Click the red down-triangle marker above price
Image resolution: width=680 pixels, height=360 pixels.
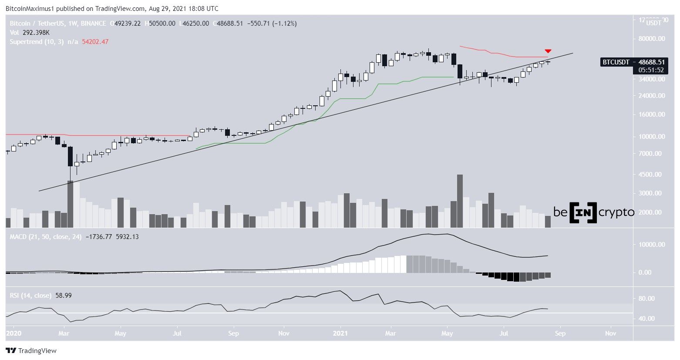pyautogui.click(x=548, y=51)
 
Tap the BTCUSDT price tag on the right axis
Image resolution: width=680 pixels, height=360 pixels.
pyautogui.click(x=633, y=62)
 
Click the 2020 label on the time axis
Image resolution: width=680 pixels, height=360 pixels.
pyautogui.click(x=13, y=334)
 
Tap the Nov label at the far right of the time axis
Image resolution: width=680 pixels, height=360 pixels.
pyautogui.click(x=610, y=334)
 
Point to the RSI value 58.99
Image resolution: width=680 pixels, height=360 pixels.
pyautogui.click(x=64, y=296)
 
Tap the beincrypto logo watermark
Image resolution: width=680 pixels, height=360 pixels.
pyautogui.click(x=594, y=212)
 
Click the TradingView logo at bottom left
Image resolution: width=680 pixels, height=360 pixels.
pyautogui.click(x=31, y=351)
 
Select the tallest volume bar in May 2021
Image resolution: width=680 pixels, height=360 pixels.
pyautogui.click(x=460, y=201)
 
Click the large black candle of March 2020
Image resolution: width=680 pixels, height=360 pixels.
pyautogui.click(x=70, y=156)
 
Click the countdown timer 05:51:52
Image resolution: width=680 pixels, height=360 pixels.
pyautogui.click(x=651, y=70)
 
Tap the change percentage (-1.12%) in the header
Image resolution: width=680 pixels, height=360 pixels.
pyautogui.click(x=285, y=24)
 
